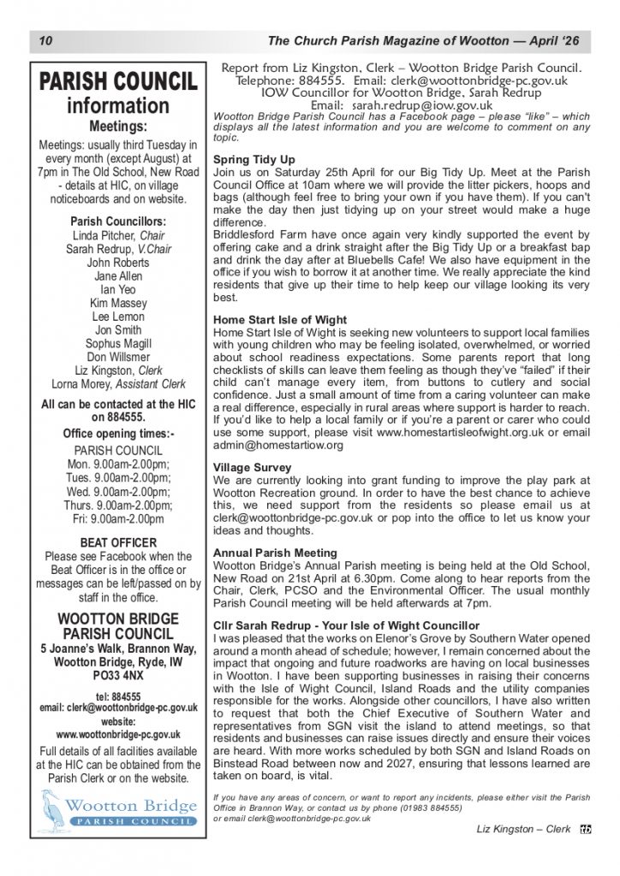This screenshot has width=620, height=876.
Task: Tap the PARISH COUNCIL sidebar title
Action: [x=118, y=82]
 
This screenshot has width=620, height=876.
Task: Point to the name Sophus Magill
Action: [x=118, y=343]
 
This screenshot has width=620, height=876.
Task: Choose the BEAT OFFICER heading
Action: [x=118, y=542]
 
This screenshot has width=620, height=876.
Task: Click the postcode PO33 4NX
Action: [x=118, y=675]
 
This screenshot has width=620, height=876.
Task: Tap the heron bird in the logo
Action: [x=53, y=809]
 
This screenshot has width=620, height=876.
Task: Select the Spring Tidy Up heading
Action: [x=253, y=160]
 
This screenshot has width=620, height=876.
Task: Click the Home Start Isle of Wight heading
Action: [x=279, y=320]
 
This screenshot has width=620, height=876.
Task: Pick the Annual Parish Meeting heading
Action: [x=275, y=553]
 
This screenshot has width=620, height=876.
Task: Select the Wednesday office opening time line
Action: [x=118, y=491]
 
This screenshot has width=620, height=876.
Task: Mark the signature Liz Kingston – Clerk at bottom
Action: [x=523, y=829]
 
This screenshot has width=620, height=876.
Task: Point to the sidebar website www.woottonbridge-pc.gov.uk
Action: [x=118, y=734]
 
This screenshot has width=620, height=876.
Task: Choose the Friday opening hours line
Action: [x=118, y=518]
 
